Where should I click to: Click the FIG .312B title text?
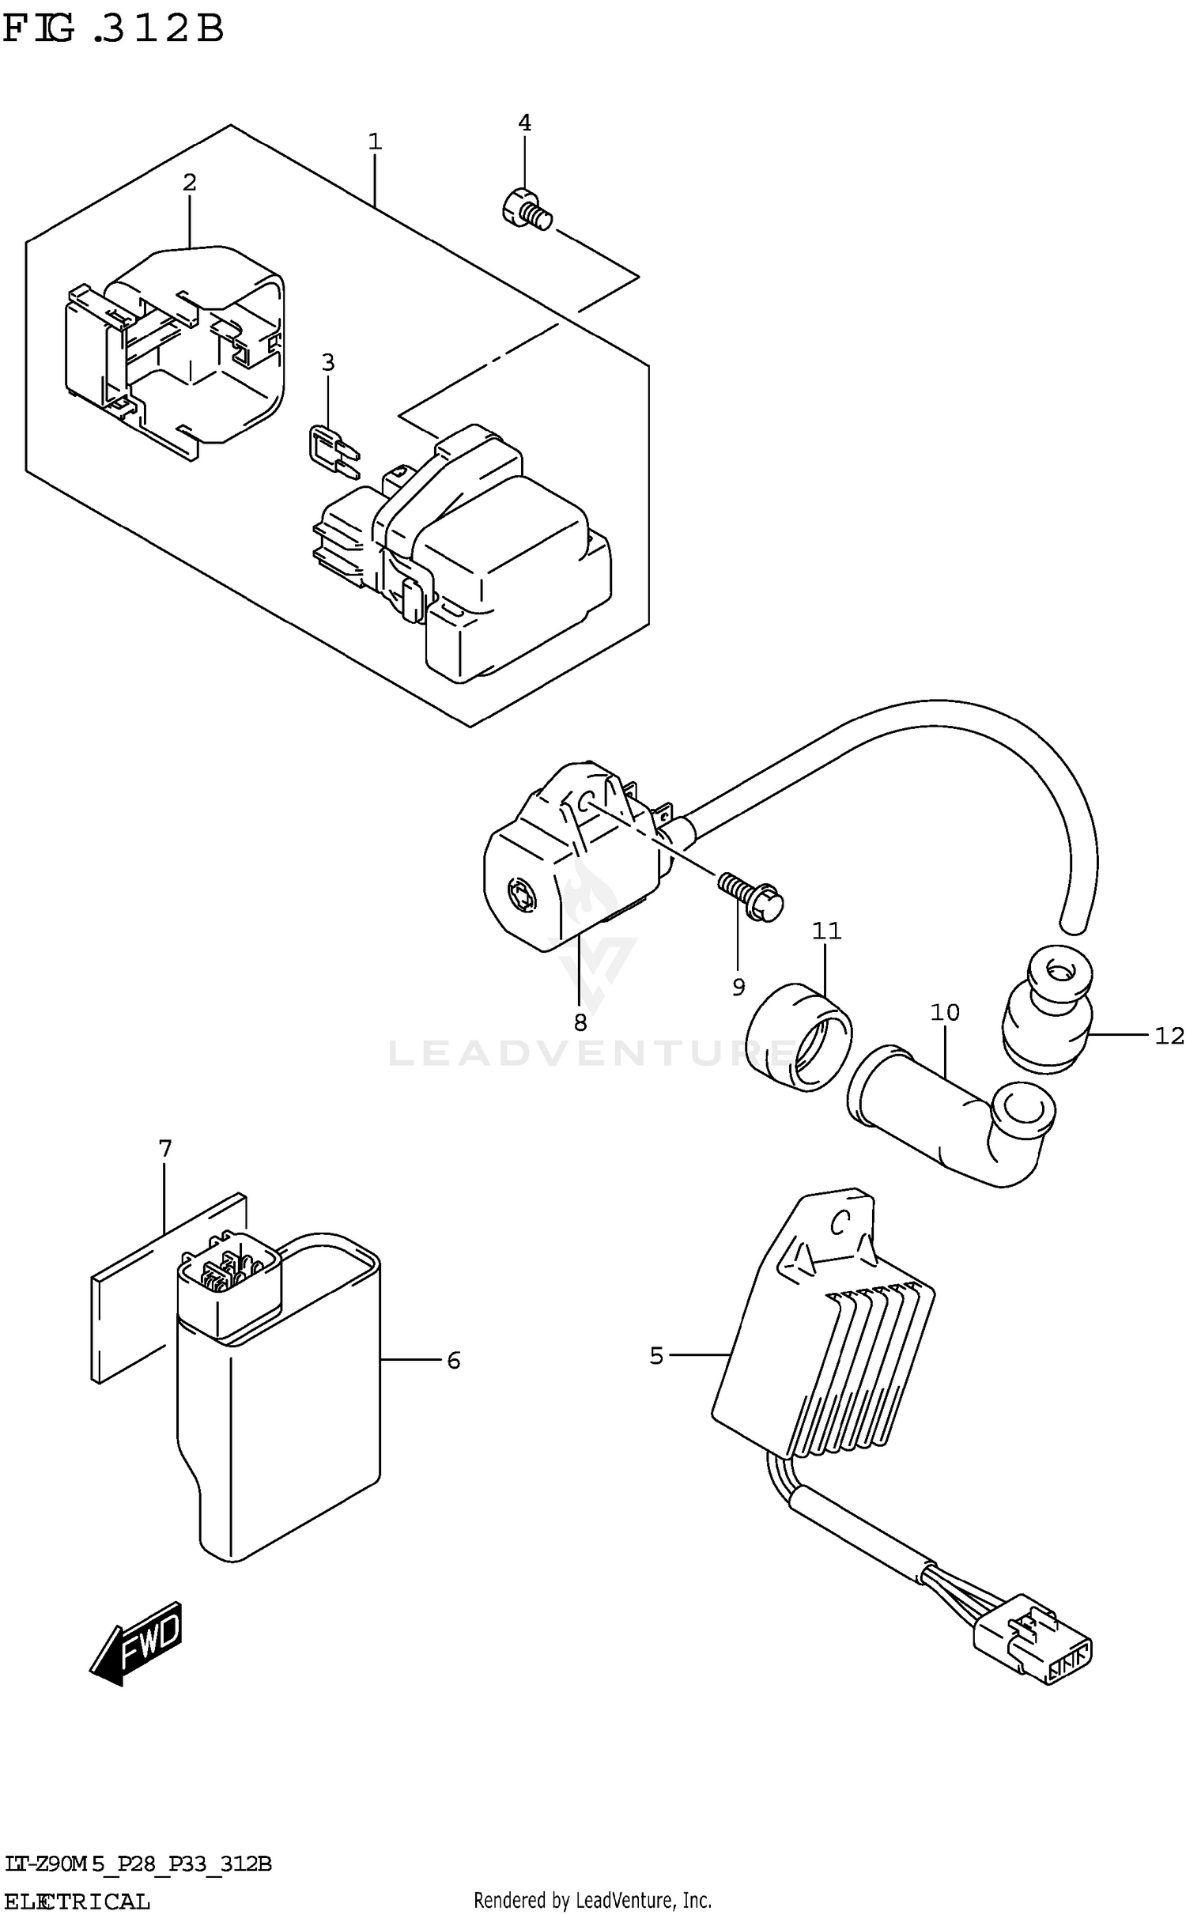(x=114, y=29)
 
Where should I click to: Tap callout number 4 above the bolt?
(x=524, y=123)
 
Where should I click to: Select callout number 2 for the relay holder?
(x=189, y=183)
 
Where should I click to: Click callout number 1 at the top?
(x=375, y=142)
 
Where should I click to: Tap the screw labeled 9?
(x=751, y=897)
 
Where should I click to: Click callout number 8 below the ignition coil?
(x=580, y=1023)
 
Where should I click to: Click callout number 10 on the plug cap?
(x=945, y=1012)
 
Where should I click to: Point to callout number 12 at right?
(x=1169, y=1035)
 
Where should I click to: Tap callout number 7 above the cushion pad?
(x=164, y=1148)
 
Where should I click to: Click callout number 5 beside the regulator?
(x=656, y=1356)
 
